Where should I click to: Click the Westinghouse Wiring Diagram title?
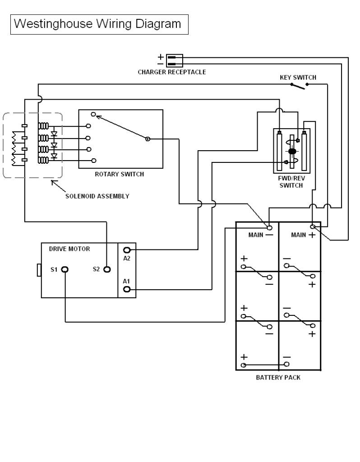(97, 24)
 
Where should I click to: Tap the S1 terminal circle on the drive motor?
(65, 269)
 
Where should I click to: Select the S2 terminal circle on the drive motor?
(107, 269)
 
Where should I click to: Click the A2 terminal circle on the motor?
(127, 250)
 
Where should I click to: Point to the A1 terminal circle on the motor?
(127, 289)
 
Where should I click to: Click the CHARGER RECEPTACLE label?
(172, 72)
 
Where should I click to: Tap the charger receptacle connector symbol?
(175, 60)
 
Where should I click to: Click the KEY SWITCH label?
(298, 78)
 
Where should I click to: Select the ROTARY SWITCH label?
(119, 174)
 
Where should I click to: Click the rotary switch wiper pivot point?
(148, 139)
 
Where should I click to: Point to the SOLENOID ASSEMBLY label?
(97, 196)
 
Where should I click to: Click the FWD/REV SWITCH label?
(291, 182)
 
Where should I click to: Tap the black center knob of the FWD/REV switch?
(292, 152)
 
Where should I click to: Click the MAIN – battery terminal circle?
(270, 227)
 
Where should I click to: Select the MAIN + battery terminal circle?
(313, 226)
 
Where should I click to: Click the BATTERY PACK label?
(278, 378)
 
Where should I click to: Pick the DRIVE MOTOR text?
(69, 249)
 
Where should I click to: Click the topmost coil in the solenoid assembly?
(43, 126)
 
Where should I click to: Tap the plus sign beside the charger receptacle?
(161, 56)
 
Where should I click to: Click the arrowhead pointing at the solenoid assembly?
(53, 182)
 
